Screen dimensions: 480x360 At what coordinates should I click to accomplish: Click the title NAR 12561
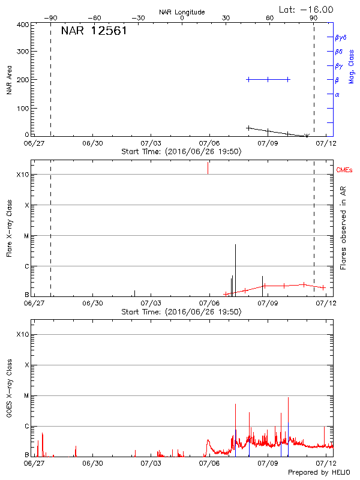[x=94, y=31]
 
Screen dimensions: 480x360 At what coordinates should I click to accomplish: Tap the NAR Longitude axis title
[x=182, y=11]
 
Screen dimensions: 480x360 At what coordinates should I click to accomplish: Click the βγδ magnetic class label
[x=341, y=37]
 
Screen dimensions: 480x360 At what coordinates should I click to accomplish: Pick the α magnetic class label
[x=337, y=94]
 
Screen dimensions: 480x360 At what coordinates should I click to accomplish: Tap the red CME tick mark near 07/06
[x=208, y=167]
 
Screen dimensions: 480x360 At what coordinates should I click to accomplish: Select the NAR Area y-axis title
[x=9, y=80]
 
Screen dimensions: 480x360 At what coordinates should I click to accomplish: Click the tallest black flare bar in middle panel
[x=236, y=269]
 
